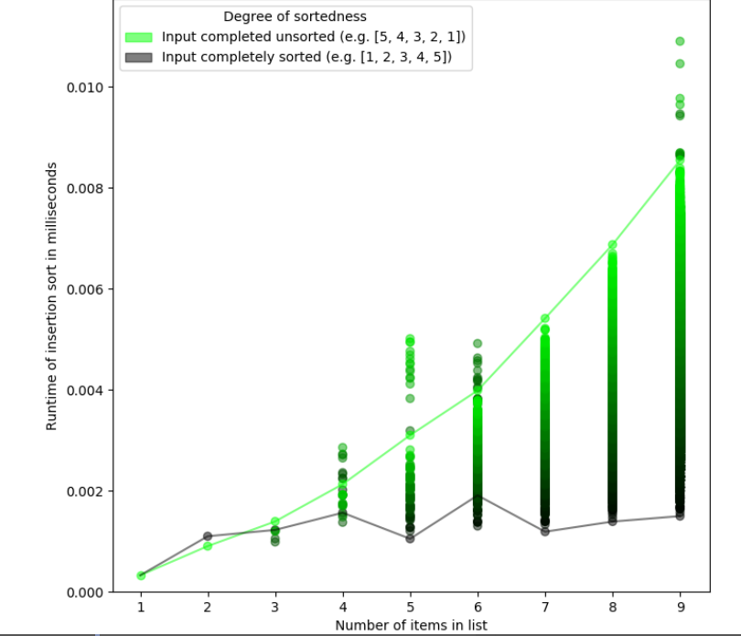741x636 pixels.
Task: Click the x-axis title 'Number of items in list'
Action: click(411, 626)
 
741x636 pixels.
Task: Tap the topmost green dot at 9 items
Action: click(680, 41)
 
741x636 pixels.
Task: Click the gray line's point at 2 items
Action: click(208, 536)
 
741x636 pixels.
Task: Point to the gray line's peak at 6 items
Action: click(478, 496)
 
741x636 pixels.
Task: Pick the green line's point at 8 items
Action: click(612, 245)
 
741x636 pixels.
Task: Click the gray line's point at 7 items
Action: click(544, 531)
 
